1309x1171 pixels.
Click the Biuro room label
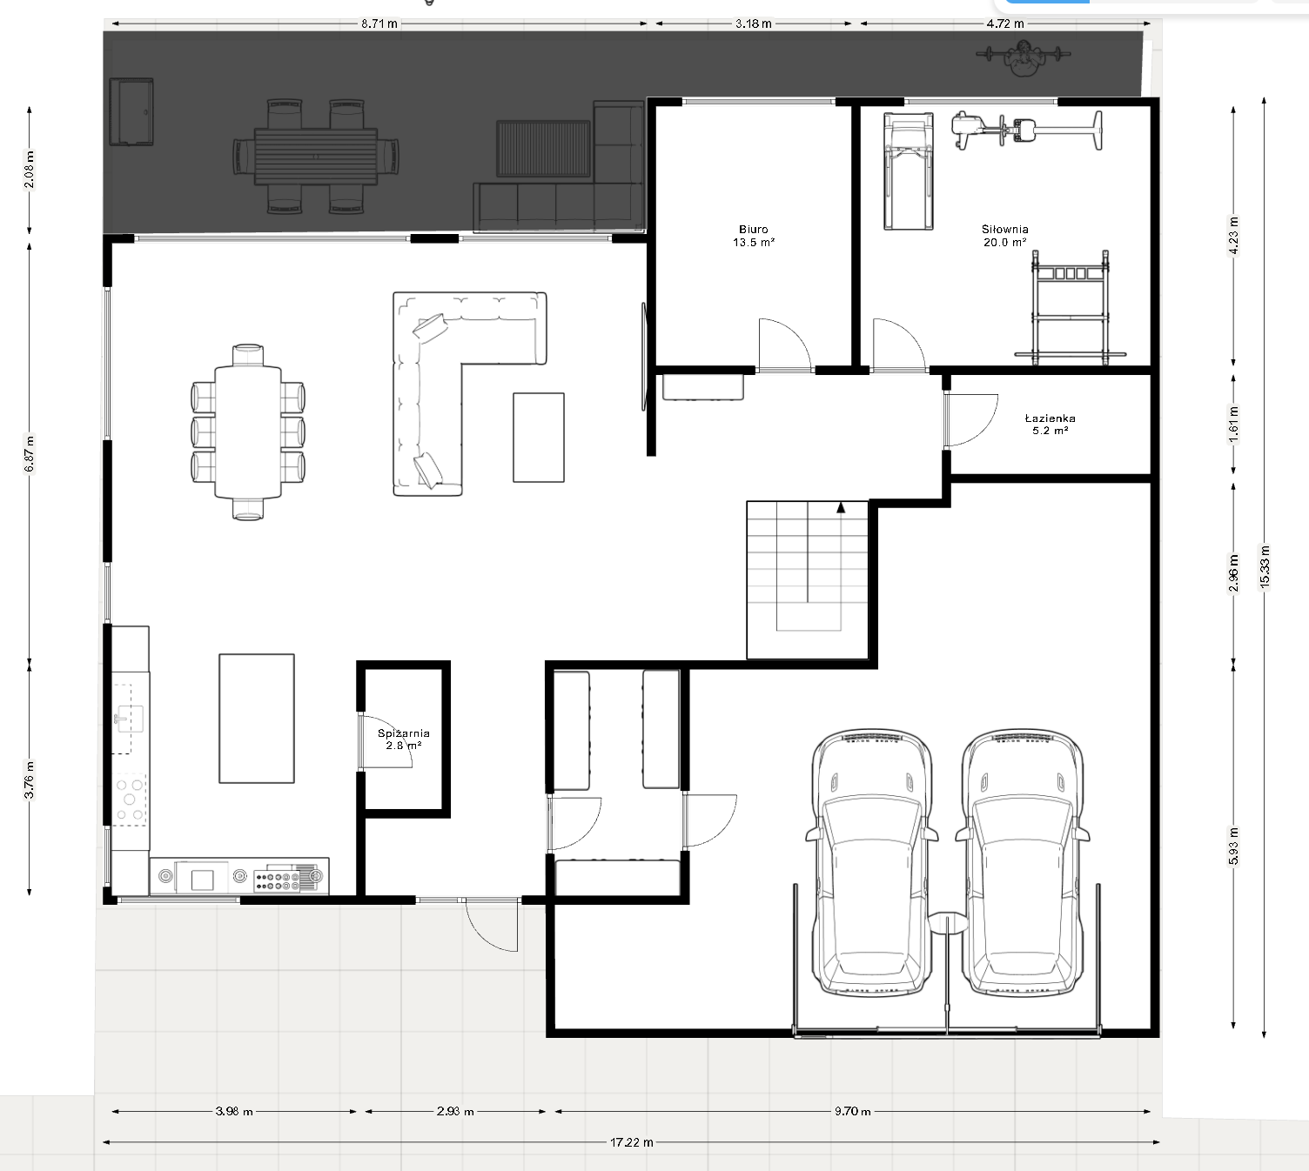(754, 236)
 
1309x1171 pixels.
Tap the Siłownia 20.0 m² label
(1004, 236)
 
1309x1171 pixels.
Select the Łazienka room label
(1050, 425)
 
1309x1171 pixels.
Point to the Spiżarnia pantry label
(404, 739)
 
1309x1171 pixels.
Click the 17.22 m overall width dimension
(631, 1142)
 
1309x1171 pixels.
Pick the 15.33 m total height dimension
(1265, 566)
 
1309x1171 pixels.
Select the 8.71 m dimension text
(379, 23)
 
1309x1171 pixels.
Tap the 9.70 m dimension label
(852, 1112)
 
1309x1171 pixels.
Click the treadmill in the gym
(909, 171)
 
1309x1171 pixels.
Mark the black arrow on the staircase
(841, 508)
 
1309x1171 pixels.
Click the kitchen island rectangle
(257, 719)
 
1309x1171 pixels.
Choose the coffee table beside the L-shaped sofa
(538, 438)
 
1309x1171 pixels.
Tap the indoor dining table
(248, 432)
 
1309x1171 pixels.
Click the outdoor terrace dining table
(316, 157)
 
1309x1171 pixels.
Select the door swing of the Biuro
(783, 345)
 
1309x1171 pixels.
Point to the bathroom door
(970, 420)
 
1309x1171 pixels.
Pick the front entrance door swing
(492, 925)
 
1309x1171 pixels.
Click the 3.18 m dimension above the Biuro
(754, 23)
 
